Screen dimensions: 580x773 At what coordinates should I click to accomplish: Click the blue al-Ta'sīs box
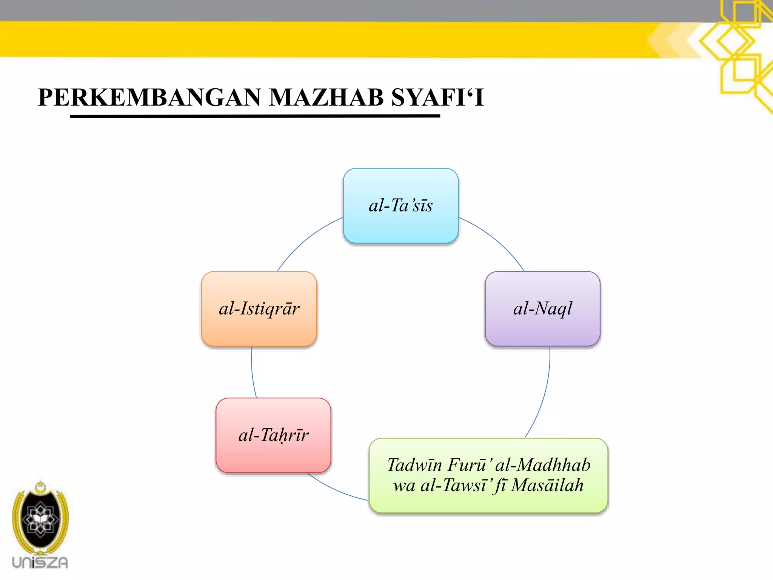coord(400,206)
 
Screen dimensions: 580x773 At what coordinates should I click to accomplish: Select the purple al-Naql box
coord(542,309)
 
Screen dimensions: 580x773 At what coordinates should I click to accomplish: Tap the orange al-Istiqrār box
coord(259,309)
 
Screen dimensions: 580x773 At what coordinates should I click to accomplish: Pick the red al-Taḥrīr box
coord(273,435)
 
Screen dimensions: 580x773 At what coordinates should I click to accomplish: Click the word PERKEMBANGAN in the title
coord(149,97)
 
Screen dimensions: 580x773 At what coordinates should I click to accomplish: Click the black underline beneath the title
coord(255,116)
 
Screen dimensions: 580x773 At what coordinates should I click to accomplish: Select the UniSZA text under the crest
coord(40,563)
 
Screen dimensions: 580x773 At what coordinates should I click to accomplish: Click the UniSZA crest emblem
coord(40,517)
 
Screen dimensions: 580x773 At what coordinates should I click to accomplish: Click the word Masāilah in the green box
coord(547,486)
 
